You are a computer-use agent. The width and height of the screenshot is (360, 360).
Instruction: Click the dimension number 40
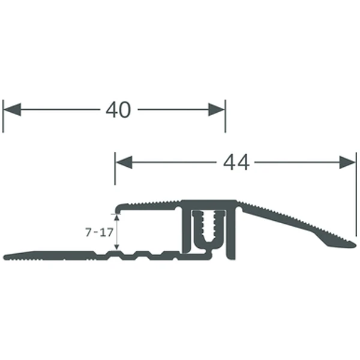[x=118, y=110]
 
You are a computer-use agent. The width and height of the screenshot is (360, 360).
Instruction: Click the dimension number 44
[x=236, y=162]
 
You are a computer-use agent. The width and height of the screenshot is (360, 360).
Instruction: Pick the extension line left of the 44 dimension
[x=114, y=177]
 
